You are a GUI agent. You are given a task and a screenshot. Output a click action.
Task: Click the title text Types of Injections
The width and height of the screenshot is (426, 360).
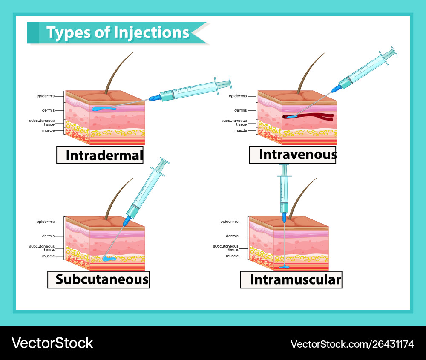(x=118, y=33)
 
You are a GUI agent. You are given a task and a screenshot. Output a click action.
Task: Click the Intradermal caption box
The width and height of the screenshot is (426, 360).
(x=100, y=155)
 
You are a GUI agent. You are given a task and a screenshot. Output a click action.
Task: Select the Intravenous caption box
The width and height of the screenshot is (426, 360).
(x=293, y=155)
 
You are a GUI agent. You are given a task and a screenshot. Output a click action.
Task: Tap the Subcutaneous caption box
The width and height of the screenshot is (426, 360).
(x=98, y=279)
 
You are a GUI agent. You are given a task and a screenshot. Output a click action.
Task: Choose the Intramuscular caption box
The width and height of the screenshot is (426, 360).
(x=291, y=280)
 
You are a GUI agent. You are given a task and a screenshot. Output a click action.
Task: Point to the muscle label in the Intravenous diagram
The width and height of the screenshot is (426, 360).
(x=240, y=130)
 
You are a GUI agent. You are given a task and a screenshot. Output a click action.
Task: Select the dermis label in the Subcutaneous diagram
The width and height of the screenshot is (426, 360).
(x=48, y=236)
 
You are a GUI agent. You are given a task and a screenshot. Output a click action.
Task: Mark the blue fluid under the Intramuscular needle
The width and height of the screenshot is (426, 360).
(x=284, y=267)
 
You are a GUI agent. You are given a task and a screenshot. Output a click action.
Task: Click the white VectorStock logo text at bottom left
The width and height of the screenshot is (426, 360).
(x=52, y=343)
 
